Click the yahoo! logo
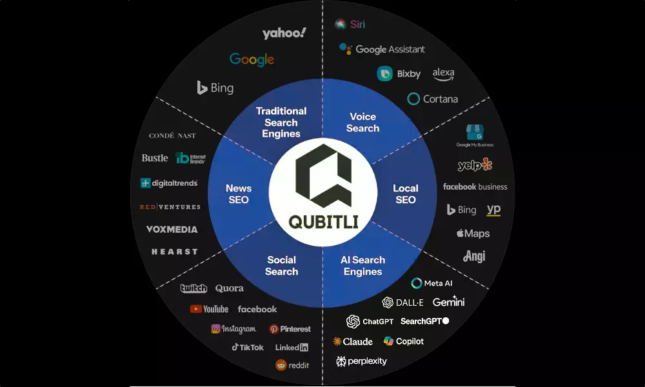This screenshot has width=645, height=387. pyautogui.click(x=284, y=33)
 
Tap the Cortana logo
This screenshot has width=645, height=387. pyautogui.click(x=432, y=99)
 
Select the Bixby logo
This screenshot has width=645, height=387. pyautogui.click(x=399, y=74)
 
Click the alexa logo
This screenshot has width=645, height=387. pyautogui.click(x=443, y=74)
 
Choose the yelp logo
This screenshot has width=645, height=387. pyautogui.click(x=475, y=165)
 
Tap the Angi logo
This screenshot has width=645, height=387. pyautogui.click(x=474, y=256)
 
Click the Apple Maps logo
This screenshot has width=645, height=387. pyautogui.click(x=473, y=233)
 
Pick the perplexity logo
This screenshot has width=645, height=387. pyautogui.click(x=361, y=361)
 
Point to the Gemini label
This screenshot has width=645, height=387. pyautogui.click(x=448, y=302)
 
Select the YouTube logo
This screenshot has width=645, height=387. pyautogui.click(x=209, y=309)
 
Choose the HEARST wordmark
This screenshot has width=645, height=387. pyautogui.click(x=174, y=252)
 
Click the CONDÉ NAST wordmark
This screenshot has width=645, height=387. pyautogui.click(x=172, y=136)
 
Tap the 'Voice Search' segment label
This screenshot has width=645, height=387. pyautogui.click(x=362, y=123)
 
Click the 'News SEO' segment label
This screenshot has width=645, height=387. pyautogui.click(x=238, y=194)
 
